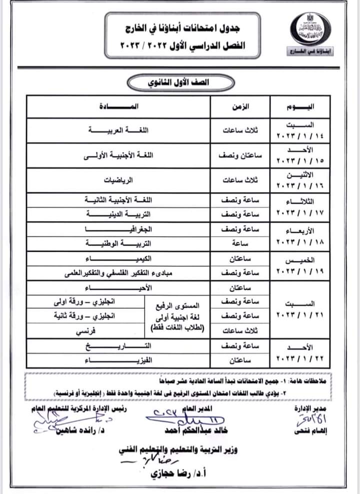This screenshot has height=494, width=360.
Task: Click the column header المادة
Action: pos(119,107)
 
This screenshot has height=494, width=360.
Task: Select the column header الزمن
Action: pos(239,107)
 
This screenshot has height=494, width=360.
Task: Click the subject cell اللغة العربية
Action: pos(119,131)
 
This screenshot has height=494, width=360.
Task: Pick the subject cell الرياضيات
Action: pos(119,181)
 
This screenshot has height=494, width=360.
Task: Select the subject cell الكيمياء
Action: pos(119,259)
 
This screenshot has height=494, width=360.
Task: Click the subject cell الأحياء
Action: pos(119,288)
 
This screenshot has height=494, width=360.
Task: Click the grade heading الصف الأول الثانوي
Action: pos(180,82)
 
